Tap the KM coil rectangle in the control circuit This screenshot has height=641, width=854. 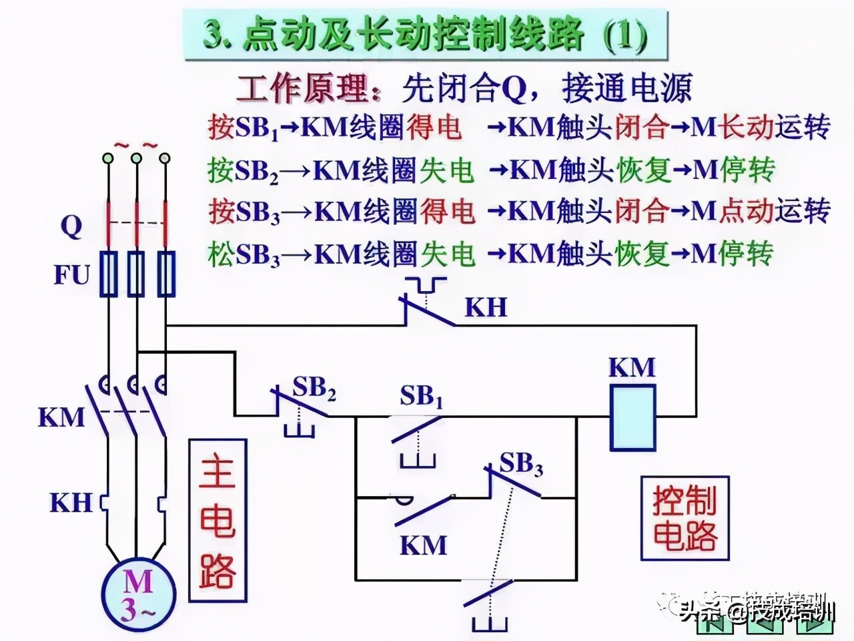pos(632,416)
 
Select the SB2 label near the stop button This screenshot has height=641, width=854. pos(314,389)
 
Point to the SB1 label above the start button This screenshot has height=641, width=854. pos(421,397)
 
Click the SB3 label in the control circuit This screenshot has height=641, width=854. pos(521,463)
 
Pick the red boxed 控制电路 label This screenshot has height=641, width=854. pos(685,518)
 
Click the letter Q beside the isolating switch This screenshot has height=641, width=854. pos(71,227)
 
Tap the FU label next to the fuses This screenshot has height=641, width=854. pos(71,274)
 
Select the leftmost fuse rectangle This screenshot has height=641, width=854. pos(108,273)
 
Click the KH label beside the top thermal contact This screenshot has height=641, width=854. pos(486,306)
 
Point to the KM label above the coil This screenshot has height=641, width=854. pos(632,367)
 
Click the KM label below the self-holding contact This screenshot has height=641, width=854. pos(423,545)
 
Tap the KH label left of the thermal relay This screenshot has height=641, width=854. pos(71,502)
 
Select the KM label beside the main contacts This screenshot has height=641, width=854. pos(61,417)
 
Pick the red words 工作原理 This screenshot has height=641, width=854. pos(303,87)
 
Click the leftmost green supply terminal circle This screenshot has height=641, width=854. pos(107,158)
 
